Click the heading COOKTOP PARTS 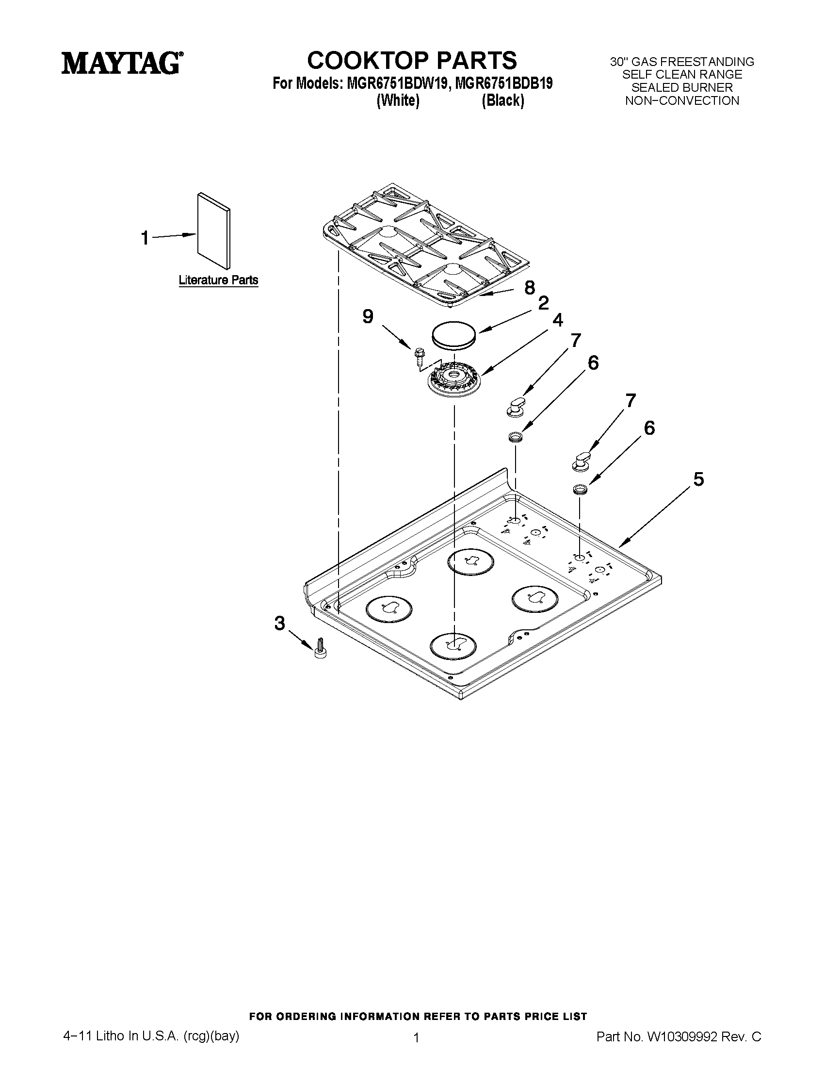[x=411, y=60]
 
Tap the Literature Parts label [x=218, y=280]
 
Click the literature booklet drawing [x=213, y=230]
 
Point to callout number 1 [x=145, y=238]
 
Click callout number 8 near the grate [x=530, y=288]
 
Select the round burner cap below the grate [x=453, y=335]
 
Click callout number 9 [x=368, y=317]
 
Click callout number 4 [x=558, y=320]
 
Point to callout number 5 [x=698, y=479]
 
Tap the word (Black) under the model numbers [x=503, y=100]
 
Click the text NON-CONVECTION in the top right [x=682, y=101]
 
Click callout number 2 [x=544, y=303]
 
